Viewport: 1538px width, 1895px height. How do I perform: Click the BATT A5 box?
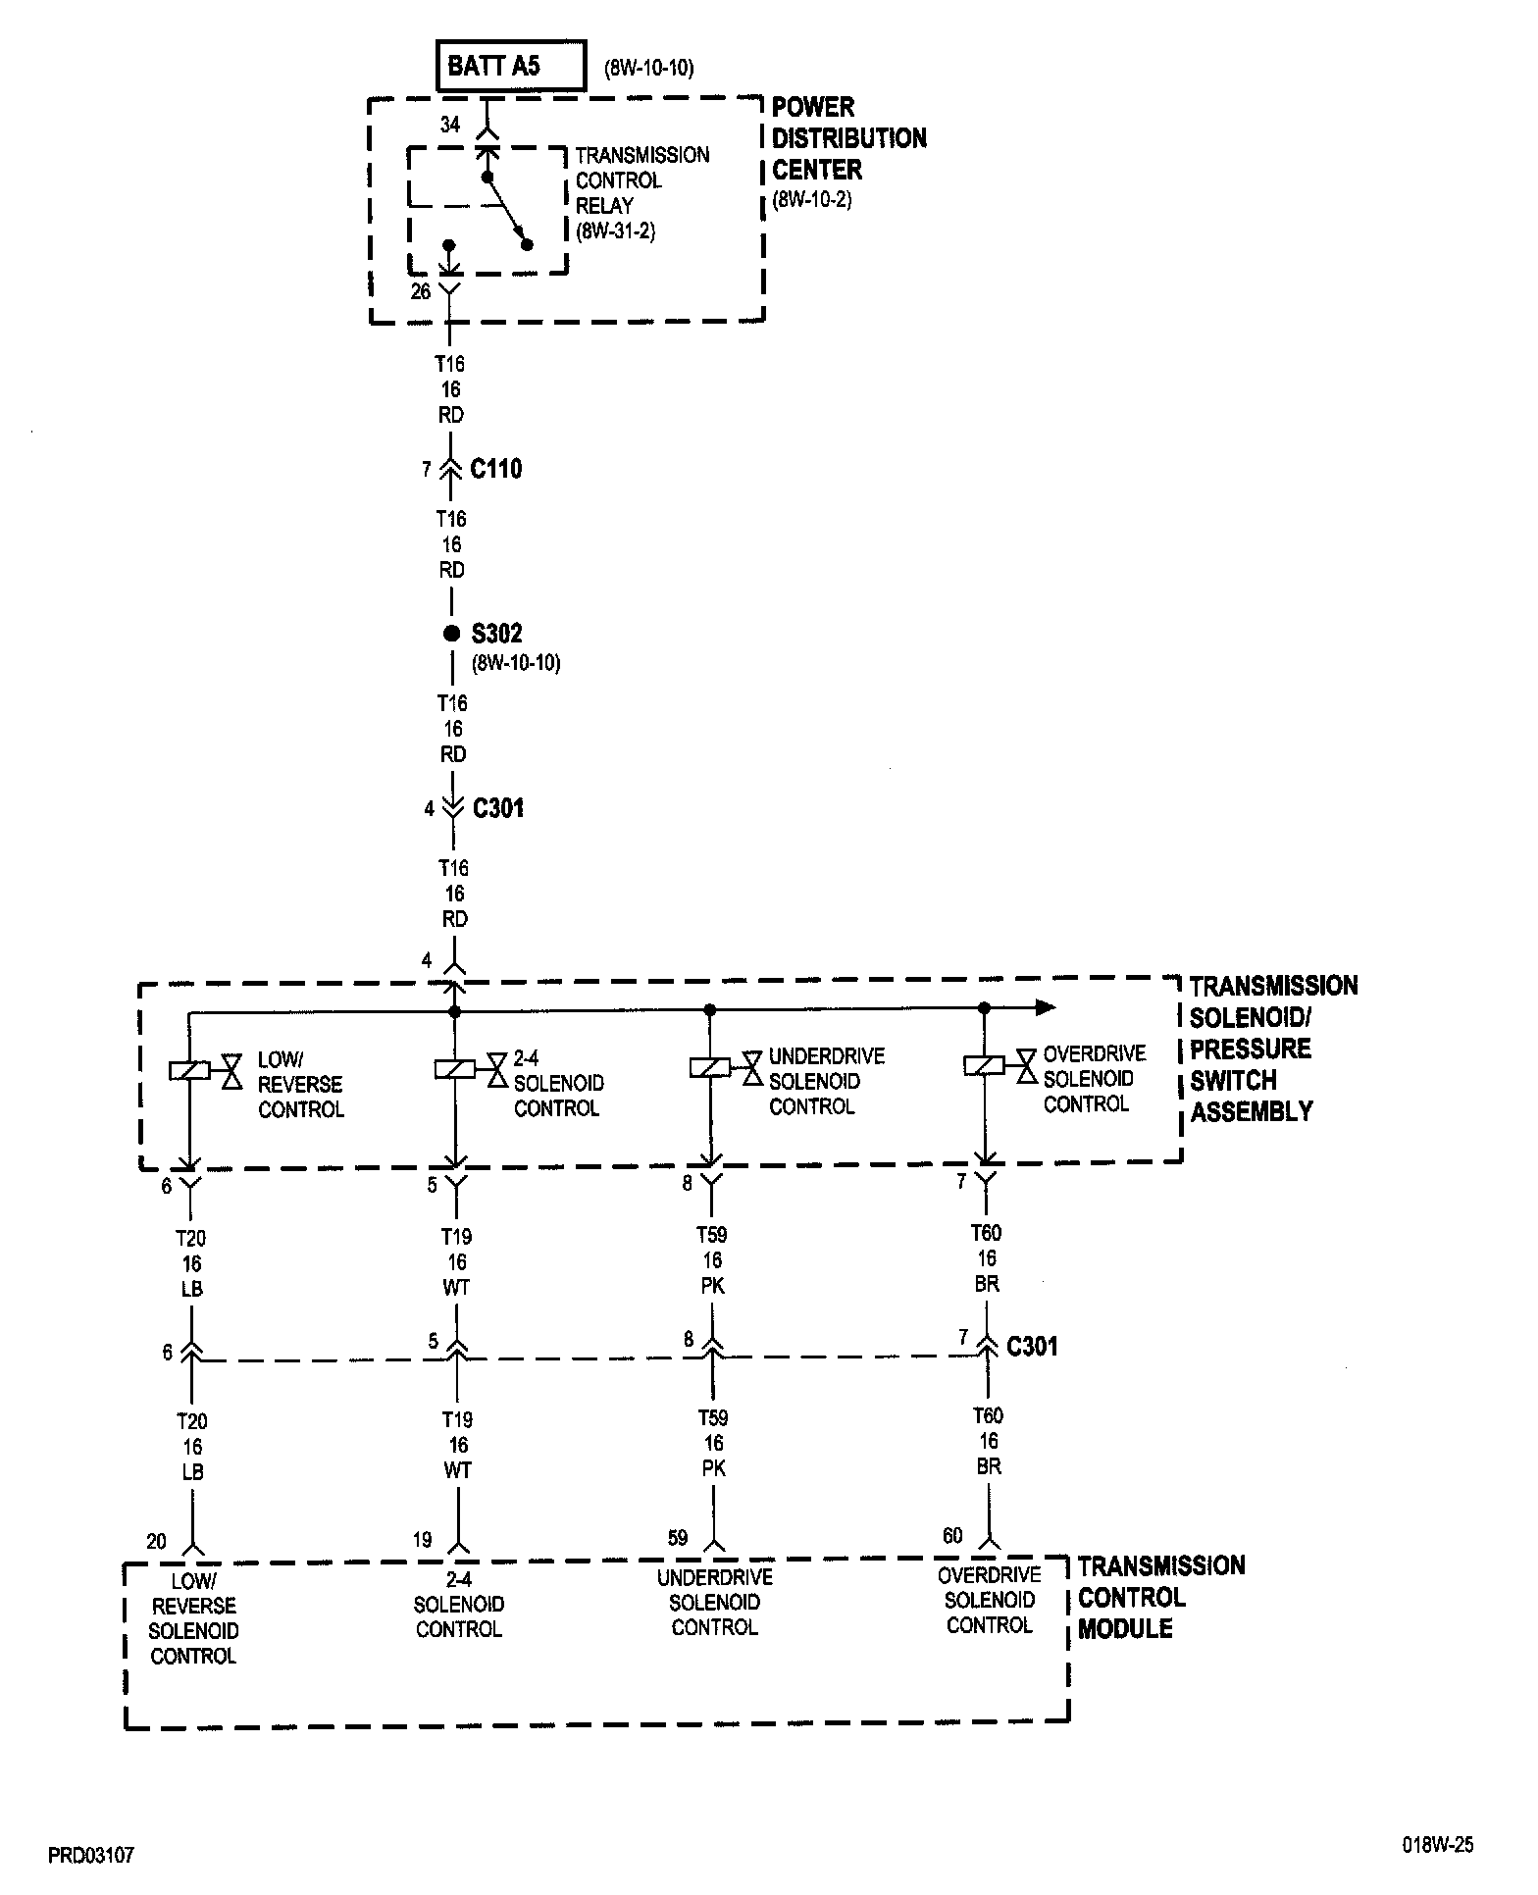click(x=511, y=66)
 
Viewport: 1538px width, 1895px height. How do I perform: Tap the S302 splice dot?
click(x=451, y=634)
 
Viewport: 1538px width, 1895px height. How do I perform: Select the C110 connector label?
click(x=496, y=469)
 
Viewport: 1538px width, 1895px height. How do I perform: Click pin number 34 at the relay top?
click(x=450, y=125)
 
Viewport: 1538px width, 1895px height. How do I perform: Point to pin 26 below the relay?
click(x=421, y=291)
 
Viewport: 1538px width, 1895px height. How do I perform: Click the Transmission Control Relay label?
click(x=641, y=193)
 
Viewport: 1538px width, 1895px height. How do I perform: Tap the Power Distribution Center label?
click(x=848, y=138)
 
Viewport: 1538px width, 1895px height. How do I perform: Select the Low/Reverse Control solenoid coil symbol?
click(x=188, y=1071)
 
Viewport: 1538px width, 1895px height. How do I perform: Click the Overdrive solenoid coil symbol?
click(x=984, y=1065)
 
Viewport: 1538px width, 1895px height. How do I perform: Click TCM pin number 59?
click(x=678, y=1538)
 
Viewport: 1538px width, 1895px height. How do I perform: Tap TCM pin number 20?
click(x=157, y=1542)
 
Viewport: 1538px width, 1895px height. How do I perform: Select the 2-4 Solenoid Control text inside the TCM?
click(x=458, y=1605)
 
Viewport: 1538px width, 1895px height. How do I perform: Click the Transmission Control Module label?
click(x=1160, y=1597)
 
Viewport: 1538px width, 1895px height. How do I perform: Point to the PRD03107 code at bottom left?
click(x=91, y=1856)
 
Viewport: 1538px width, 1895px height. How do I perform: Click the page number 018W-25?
click(x=1437, y=1845)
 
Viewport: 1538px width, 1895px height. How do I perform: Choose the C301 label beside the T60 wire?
click(x=1032, y=1346)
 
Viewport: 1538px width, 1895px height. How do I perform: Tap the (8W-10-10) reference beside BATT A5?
click(x=649, y=69)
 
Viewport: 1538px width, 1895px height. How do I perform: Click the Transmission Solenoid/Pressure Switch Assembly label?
click(x=1273, y=1049)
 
